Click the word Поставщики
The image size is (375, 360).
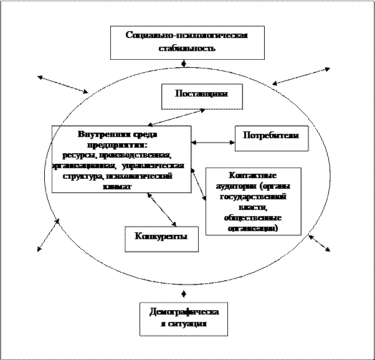[201, 94]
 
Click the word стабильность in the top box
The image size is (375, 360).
[187, 48]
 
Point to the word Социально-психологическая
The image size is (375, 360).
[187, 36]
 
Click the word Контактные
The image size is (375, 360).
[253, 176]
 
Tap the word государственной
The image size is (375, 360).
[253, 197]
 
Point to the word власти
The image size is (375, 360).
[252, 207]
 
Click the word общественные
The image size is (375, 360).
[253, 218]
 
